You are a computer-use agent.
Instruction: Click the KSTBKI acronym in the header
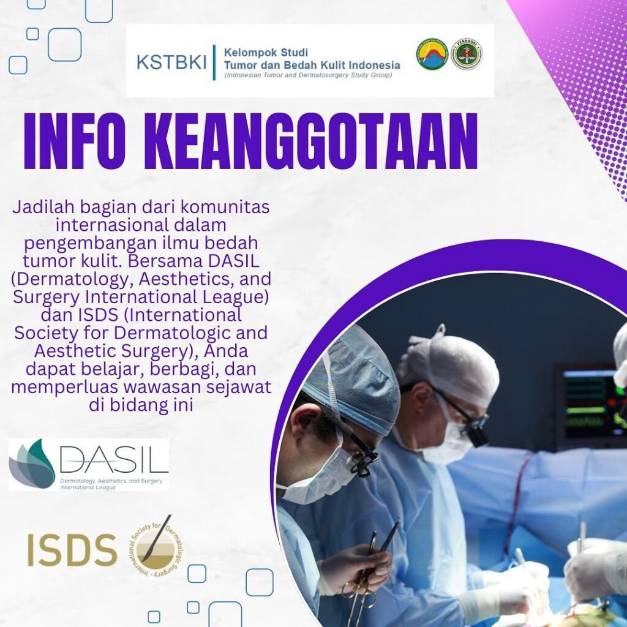pos(171,62)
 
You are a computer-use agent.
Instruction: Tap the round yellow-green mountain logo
pos(432,54)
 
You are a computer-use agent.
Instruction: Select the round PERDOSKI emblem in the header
pos(467,54)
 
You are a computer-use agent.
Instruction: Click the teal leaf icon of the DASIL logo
pos(32,464)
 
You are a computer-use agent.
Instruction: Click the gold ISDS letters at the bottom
pos(72,549)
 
